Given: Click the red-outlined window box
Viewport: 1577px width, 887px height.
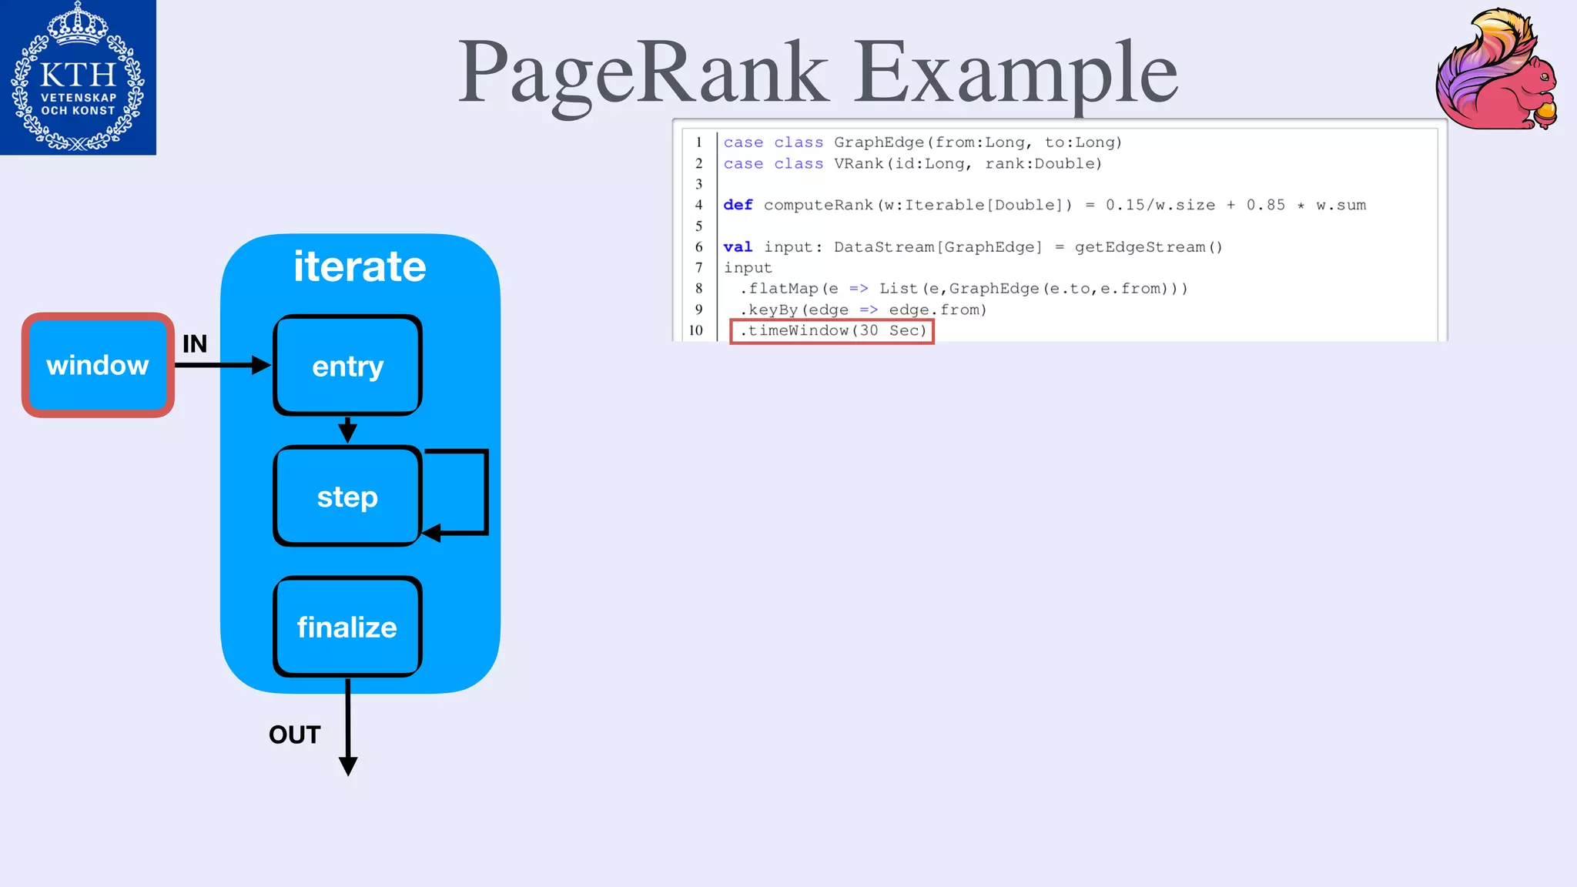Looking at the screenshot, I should [x=98, y=365].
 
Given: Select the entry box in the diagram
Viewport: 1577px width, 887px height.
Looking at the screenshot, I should [x=347, y=366].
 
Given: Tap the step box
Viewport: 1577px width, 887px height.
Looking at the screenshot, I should [x=347, y=497].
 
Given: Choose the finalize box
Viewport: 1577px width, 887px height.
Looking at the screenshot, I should [x=347, y=628].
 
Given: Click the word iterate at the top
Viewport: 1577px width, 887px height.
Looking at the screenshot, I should [x=360, y=266].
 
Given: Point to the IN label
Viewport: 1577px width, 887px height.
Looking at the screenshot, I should [x=195, y=343].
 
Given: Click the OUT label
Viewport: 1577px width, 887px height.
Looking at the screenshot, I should [x=294, y=735].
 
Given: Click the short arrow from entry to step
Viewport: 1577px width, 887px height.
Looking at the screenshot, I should [x=348, y=430].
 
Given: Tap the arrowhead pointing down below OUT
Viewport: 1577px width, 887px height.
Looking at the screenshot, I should [x=348, y=765].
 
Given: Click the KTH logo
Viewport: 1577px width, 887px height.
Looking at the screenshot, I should [x=78, y=77].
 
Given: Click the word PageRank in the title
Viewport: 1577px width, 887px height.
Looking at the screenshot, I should [x=643, y=72].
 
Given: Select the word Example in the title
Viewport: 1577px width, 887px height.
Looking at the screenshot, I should [x=1016, y=72].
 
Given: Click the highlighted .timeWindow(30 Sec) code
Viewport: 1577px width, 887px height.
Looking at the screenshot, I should [x=832, y=331].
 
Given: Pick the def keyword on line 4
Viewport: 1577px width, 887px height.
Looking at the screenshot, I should [x=738, y=205].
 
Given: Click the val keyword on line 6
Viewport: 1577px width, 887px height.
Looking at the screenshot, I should [x=738, y=247].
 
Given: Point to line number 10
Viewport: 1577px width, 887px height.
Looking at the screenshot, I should [x=696, y=330].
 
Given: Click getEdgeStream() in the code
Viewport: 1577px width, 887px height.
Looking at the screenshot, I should [x=1148, y=247].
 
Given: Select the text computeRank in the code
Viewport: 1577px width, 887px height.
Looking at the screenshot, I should [x=818, y=205].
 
